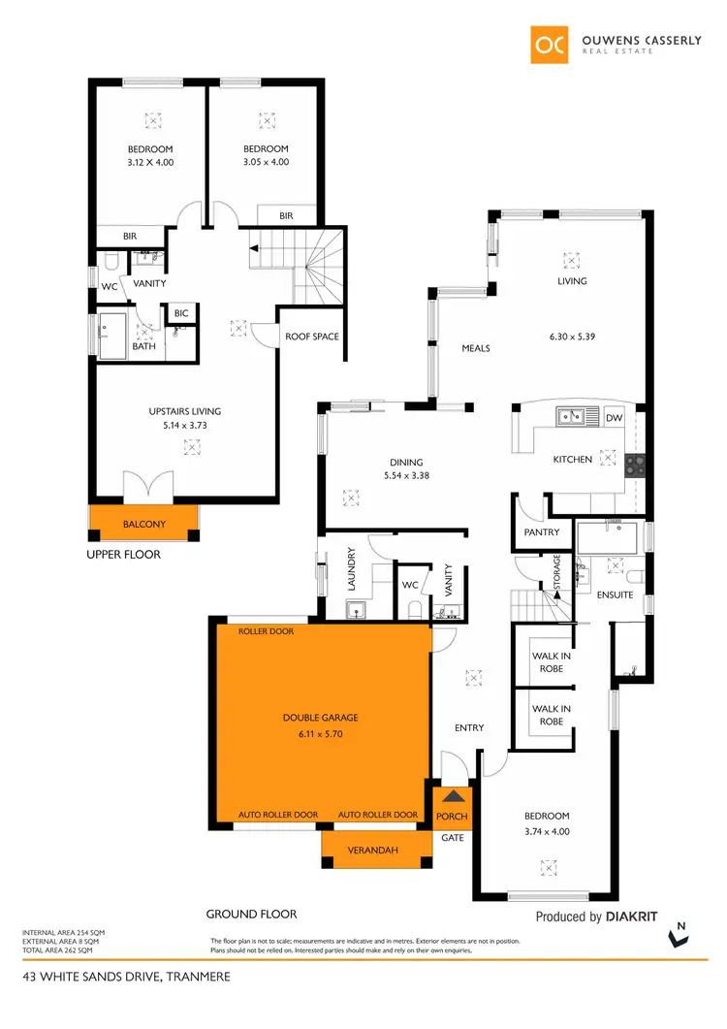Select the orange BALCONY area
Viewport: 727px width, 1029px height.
pyautogui.click(x=143, y=524)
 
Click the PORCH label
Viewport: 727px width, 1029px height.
pyautogui.click(x=453, y=816)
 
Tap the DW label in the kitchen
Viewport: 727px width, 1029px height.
pyautogui.click(x=613, y=418)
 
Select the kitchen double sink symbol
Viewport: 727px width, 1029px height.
pyautogui.click(x=570, y=417)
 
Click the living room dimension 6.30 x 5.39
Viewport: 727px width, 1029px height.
pyautogui.click(x=572, y=338)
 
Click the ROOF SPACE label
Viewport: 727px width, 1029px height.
pyautogui.click(x=311, y=337)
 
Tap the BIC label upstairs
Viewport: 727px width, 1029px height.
pyautogui.click(x=180, y=314)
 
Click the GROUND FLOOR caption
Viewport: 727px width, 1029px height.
pyautogui.click(x=251, y=914)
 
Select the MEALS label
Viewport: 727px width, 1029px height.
pyautogui.click(x=475, y=348)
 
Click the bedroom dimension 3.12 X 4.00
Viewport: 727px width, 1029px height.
pyautogui.click(x=150, y=162)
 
